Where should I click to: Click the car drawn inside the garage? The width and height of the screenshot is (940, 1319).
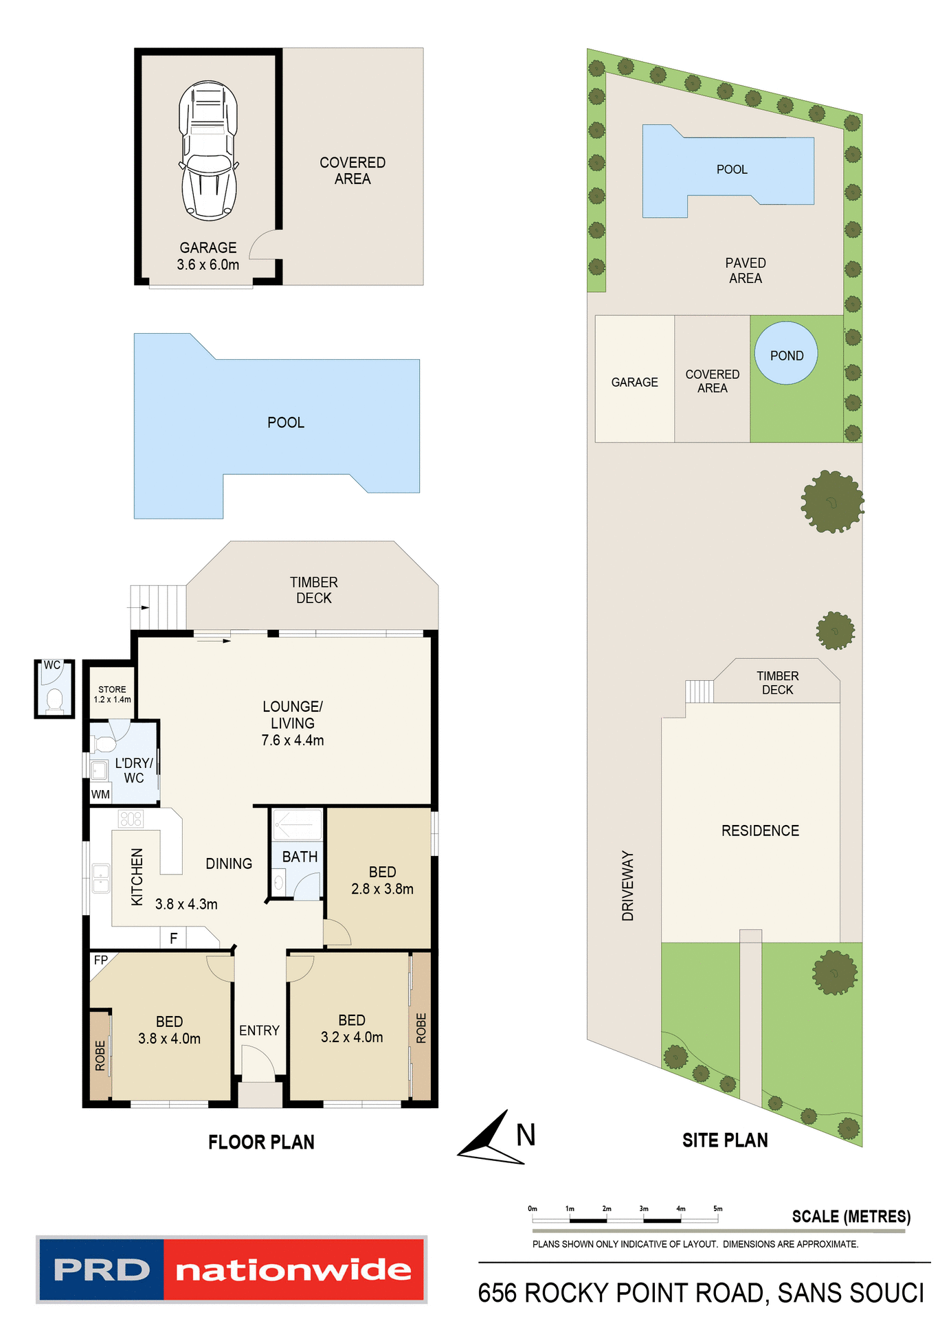click(x=208, y=151)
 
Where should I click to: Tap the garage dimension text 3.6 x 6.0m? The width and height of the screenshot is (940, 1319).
click(x=208, y=265)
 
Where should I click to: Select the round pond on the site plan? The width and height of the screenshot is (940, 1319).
click(x=786, y=354)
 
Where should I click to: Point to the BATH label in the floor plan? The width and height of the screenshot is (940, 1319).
click(x=300, y=857)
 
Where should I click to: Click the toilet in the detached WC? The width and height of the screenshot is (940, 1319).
click(x=54, y=700)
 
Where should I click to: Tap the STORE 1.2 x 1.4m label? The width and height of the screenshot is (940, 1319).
click(x=112, y=694)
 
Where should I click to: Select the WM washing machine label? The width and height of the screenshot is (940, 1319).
click(x=100, y=795)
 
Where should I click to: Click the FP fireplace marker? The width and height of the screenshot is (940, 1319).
click(x=101, y=960)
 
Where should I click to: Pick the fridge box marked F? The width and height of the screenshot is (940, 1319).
click(x=174, y=938)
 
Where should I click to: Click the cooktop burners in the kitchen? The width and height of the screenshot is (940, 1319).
click(x=131, y=818)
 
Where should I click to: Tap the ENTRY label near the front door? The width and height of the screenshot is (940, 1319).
click(x=259, y=1030)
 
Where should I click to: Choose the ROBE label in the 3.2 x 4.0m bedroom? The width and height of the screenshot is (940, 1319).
click(x=421, y=1028)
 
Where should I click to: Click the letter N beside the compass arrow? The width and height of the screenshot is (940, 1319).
click(x=526, y=1135)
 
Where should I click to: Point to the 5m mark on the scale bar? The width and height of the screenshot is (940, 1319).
click(x=718, y=1209)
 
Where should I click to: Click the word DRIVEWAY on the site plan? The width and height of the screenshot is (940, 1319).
click(x=628, y=886)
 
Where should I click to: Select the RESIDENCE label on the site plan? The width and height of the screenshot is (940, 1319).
click(x=760, y=831)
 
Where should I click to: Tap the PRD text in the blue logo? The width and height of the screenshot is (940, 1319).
click(x=102, y=1270)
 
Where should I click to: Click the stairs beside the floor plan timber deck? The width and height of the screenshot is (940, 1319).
click(x=159, y=607)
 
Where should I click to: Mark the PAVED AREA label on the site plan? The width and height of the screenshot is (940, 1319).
click(x=746, y=271)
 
